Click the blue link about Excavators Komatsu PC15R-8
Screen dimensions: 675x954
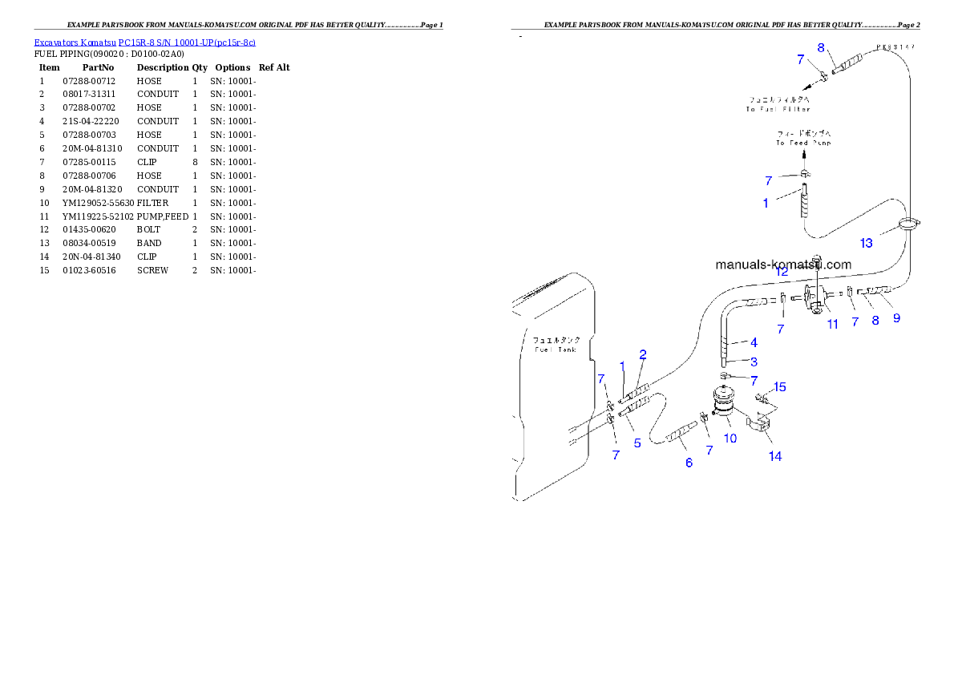(144, 42)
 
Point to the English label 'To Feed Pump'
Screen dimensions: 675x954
(802, 143)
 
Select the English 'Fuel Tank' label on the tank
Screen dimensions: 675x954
(555, 350)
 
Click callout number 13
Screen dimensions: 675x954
(867, 243)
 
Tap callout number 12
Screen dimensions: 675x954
(782, 273)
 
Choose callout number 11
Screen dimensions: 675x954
(833, 324)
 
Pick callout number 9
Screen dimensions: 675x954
(896, 318)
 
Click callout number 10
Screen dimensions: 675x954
(730, 439)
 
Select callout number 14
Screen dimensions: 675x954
(775, 456)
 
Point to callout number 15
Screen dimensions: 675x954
(779, 387)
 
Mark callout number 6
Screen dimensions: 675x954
(689, 463)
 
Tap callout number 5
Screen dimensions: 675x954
(637, 443)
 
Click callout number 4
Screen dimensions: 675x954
(754, 342)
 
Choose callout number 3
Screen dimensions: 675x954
(754, 362)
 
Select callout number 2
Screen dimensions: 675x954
(643, 354)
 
